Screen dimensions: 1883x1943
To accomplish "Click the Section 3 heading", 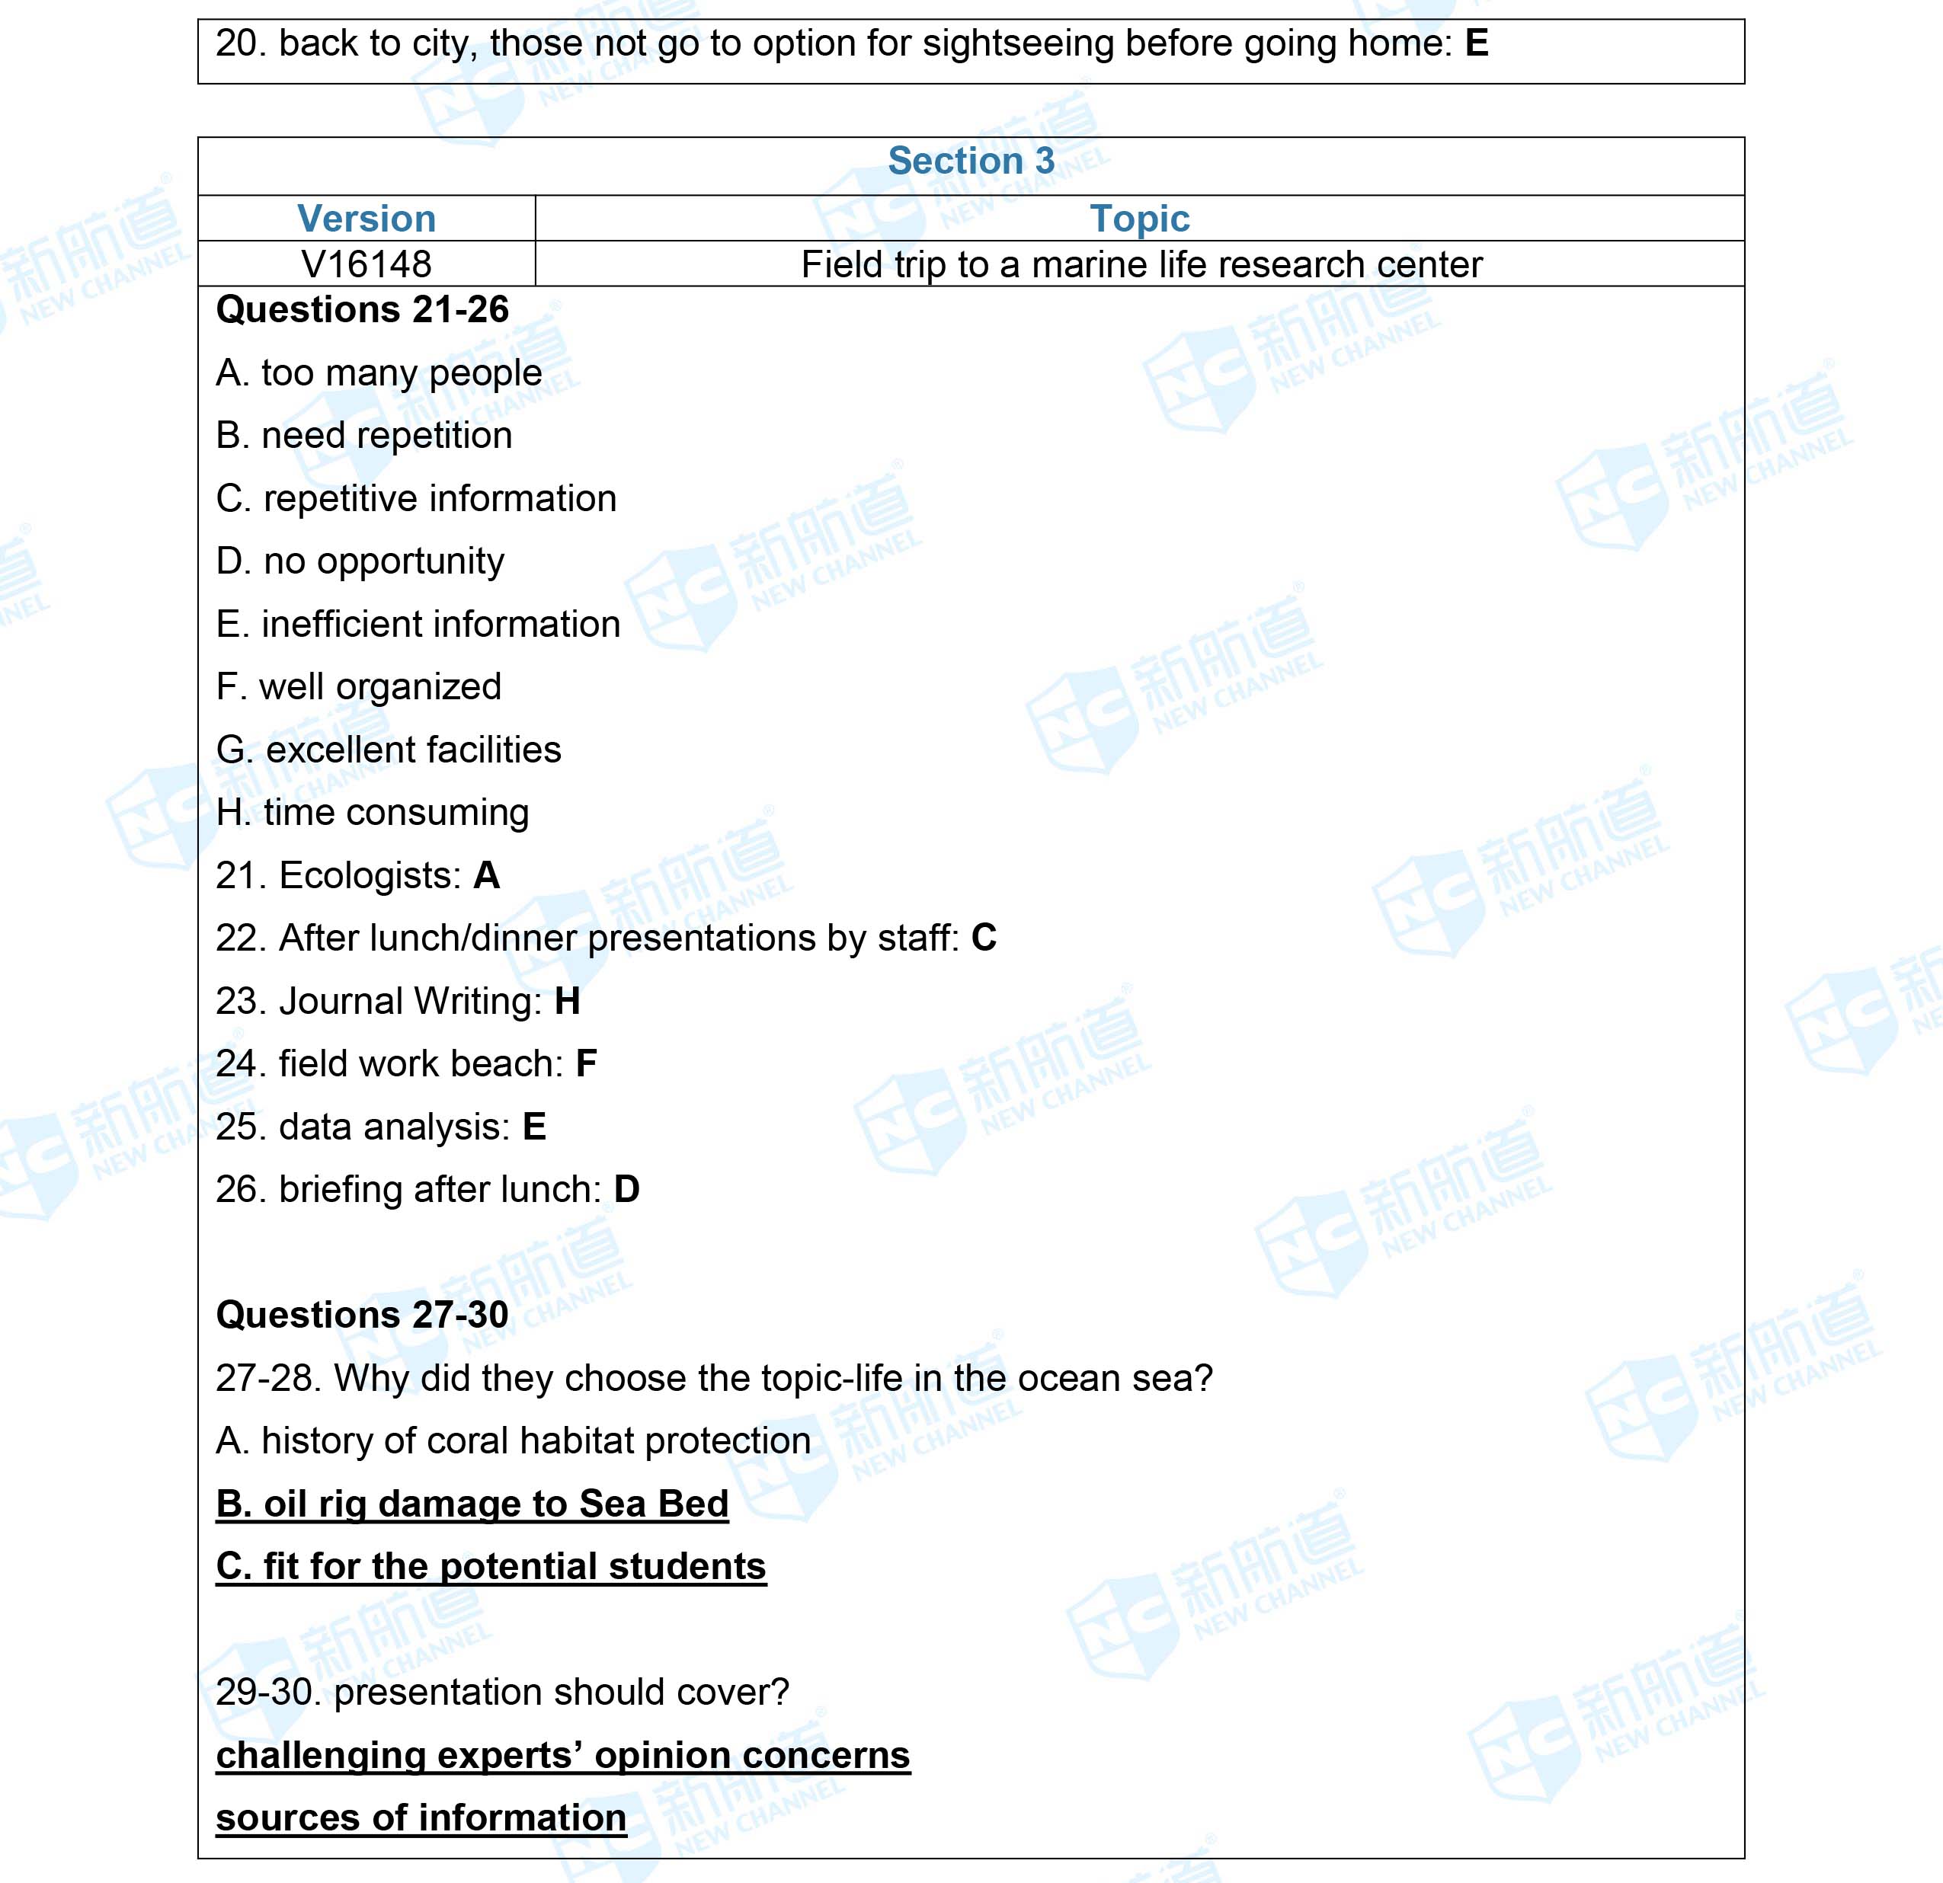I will (x=971, y=161).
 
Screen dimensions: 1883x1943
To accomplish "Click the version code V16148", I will (x=366, y=264).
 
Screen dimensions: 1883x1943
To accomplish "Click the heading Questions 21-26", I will (x=362, y=310).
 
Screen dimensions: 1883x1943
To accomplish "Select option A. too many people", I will (x=379, y=373).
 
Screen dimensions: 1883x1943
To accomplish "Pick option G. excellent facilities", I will (x=389, y=750).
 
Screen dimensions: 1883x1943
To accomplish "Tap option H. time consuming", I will (x=373, y=813).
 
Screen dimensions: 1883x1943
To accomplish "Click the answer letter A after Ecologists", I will (x=487, y=876).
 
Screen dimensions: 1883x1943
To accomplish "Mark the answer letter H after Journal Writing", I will (x=567, y=1002).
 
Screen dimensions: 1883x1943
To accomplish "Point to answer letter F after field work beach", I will (x=586, y=1064).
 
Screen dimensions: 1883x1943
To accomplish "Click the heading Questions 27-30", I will (x=362, y=1315).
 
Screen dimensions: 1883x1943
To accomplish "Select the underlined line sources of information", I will (x=421, y=1818).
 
